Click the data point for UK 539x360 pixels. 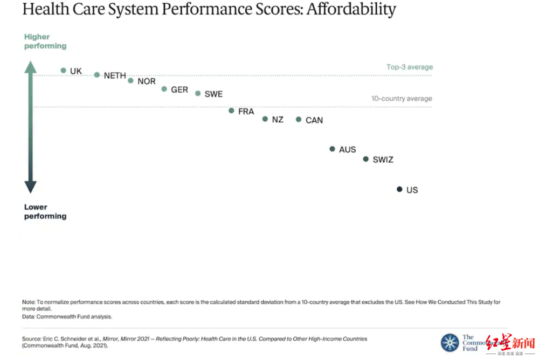[63, 71]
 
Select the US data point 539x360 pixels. [399, 189]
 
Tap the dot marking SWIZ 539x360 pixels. [366, 159]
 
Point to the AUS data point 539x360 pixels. [332, 149]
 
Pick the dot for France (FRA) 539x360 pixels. [231, 110]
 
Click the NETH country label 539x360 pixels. [115, 76]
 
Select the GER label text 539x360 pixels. [179, 89]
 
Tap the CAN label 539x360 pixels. [314, 120]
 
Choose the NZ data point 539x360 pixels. [265, 119]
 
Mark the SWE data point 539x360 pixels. [198, 93]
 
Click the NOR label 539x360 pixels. [147, 81]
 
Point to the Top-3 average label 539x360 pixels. [410, 67]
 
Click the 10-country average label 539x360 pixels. [402, 99]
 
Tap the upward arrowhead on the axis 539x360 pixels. [31, 67]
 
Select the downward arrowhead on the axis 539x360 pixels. [31, 187]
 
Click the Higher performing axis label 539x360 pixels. [45, 41]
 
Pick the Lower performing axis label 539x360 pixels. [45, 211]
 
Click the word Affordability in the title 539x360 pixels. [351, 9]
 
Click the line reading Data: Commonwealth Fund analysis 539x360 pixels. [67, 317]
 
